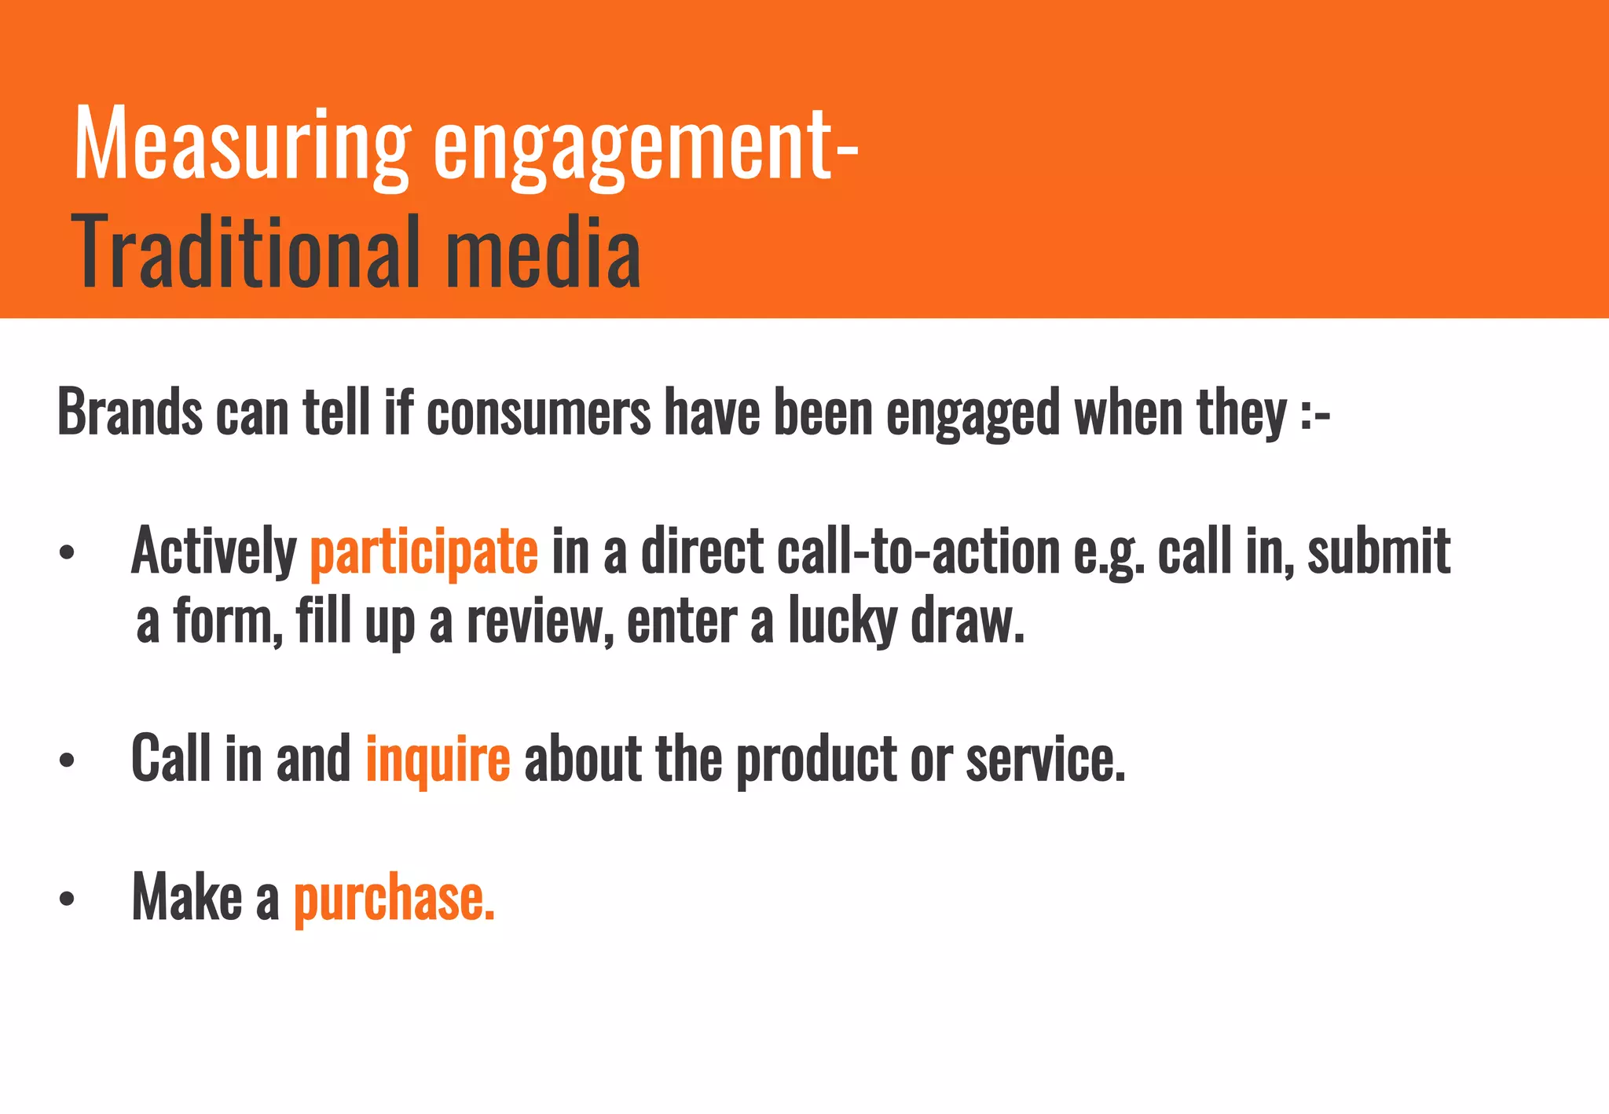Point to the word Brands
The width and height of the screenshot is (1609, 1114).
point(130,412)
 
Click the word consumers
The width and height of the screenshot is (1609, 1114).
point(538,413)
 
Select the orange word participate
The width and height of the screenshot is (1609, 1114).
point(424,552)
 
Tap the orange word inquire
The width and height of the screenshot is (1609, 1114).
point(438,759)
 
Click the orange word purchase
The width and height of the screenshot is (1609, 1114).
point(394,898)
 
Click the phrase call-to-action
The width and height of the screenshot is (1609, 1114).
point(918,552)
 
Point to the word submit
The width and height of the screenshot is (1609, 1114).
point(1378,552)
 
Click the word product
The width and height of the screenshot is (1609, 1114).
point(816,760)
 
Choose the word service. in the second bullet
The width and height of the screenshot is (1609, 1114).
point(1046,759)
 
